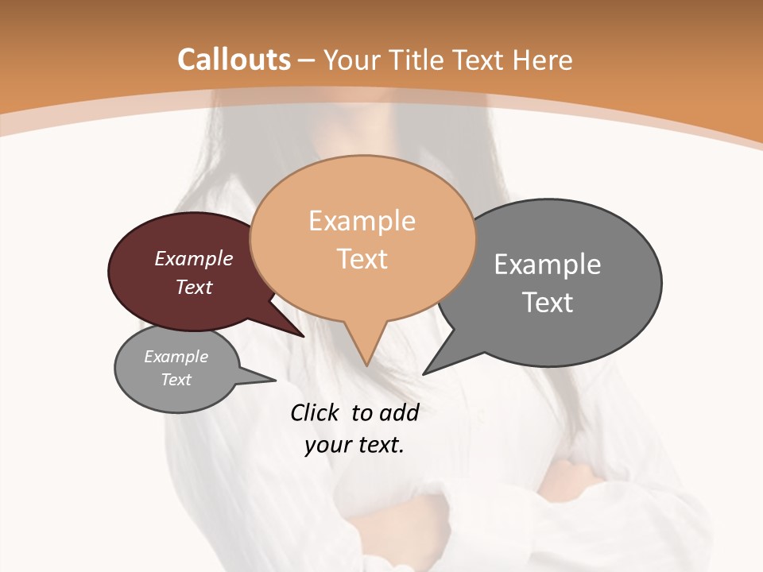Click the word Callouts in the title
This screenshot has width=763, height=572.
234,60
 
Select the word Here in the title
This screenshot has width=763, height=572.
542,60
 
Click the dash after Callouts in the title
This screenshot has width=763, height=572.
307,60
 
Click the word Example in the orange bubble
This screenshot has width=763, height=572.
362,221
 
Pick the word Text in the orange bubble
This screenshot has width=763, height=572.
362,259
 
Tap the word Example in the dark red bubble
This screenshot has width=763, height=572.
194,258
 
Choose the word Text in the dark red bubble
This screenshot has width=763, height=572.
194,287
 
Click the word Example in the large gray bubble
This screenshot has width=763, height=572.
548,265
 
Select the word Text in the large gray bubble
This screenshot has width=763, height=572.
548,303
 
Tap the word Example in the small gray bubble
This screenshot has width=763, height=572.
176,357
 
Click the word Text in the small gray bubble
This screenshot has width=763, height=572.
176,380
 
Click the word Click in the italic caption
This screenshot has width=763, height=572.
315,412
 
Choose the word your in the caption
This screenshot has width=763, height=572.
326,445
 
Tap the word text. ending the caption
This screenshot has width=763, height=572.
378,445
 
